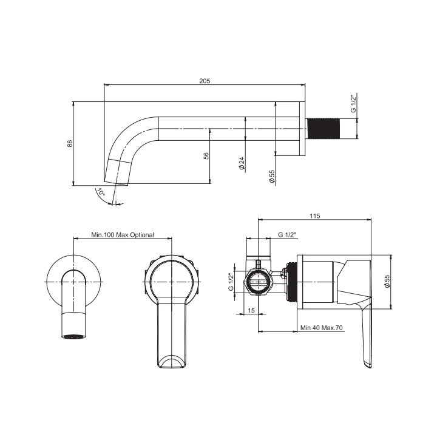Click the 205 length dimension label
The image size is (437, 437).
click(x=205, y=81)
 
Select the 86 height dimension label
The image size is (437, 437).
click(x=70, y=143)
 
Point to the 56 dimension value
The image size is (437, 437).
click(x=206, y=156)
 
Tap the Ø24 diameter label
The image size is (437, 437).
click(x=242, y=163)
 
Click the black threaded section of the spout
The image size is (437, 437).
click(x=324, y=129)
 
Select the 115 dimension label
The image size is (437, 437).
click(x=315, y=216)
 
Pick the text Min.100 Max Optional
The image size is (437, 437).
click(x=123, y=235)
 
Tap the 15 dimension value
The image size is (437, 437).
click(x=251, y=311)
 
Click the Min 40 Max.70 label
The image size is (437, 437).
click(x=321, y=328)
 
